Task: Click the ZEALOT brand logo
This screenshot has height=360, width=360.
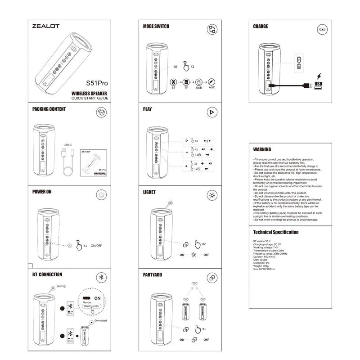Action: [46, 26]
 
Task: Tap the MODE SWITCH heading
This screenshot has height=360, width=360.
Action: [156, 27]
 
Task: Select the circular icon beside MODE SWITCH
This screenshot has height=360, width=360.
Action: [212, 30]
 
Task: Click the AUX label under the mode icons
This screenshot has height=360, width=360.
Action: [211, 87]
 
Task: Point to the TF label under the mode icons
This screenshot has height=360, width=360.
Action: [185, 87]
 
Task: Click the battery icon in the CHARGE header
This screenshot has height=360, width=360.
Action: [322, 30]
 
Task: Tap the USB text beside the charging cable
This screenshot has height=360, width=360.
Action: [319, 84]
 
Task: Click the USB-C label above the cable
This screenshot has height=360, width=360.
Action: [68, 144]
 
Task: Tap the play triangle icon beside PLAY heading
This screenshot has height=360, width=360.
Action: [212, 112]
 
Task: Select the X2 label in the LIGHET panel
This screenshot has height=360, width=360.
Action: [203, 244]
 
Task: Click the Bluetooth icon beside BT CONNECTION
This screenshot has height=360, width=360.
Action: [102, 277]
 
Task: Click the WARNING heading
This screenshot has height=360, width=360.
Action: [262, 149]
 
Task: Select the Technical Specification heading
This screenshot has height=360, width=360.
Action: [276, 232]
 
